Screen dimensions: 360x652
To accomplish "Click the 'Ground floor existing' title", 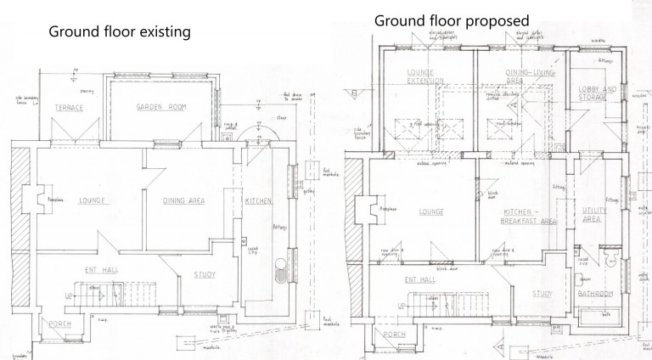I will [x=119, y=31].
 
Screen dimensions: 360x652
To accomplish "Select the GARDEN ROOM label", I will [x=161, y=108].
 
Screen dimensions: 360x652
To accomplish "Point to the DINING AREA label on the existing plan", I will [x=188, y=200].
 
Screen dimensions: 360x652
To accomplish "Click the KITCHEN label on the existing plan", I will [x=258, y=200].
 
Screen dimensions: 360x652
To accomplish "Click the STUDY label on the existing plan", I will [x=205, y=273].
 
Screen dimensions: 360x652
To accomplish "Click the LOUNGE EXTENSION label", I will [x=421, y=76].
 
